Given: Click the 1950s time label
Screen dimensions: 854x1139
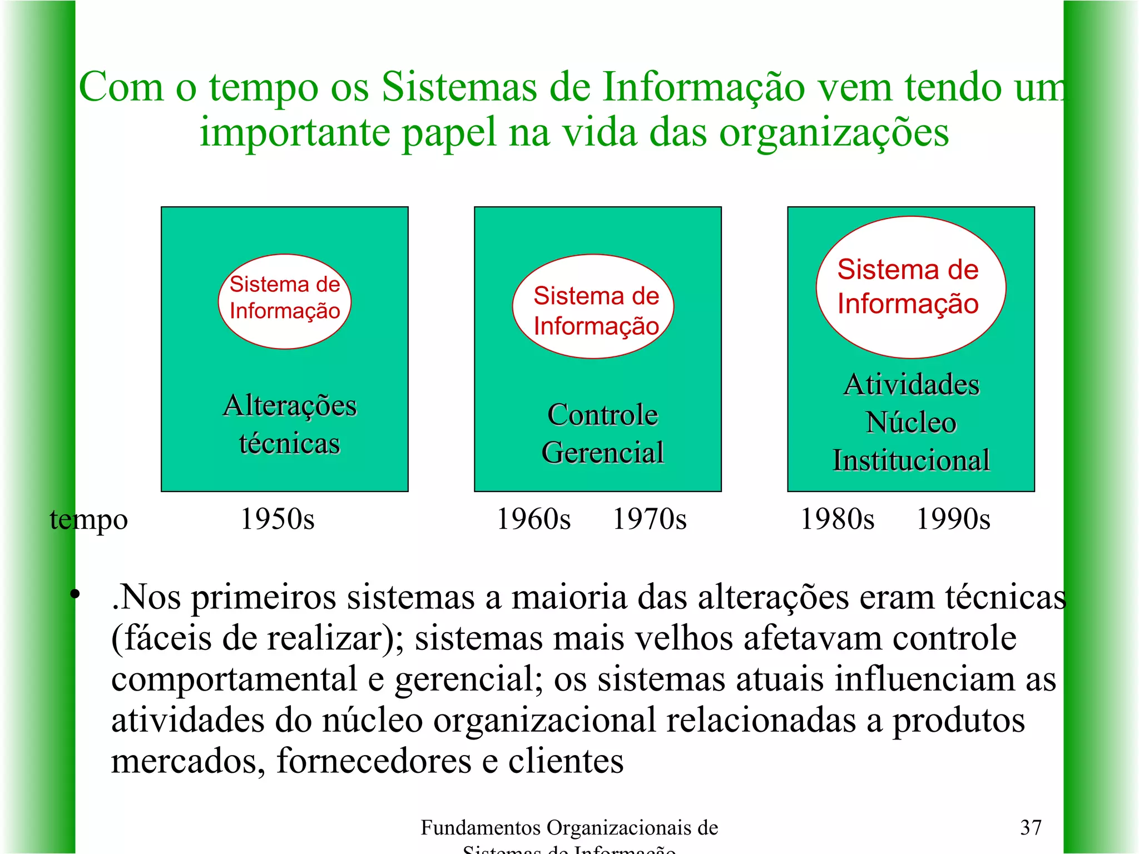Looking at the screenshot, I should click(277, 519).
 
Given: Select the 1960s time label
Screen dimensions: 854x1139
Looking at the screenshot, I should click(533, 519).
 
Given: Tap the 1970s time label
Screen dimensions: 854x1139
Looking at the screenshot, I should click(649, 519).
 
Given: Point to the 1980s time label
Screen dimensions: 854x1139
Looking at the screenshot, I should click(837, 519).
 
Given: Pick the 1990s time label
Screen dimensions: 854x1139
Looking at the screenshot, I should click(953, 519).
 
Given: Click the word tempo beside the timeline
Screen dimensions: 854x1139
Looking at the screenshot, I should click(89, 520).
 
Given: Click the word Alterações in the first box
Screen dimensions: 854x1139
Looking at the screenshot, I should click(290, 405).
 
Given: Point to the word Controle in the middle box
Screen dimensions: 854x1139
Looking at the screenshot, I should click(602, 415).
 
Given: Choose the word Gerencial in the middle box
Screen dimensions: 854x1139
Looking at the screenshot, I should click(602, 452).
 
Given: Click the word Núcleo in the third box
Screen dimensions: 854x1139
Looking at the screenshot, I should click(911, 423).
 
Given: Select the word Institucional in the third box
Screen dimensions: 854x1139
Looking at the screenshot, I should click(911, 460).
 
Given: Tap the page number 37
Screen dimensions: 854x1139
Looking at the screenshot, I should click(1031, 827).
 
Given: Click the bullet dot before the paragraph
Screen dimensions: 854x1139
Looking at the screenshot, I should click(75, 595).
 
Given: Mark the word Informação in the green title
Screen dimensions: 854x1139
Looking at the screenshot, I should click(704, 87).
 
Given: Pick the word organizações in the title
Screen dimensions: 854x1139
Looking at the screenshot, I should click(834, 133).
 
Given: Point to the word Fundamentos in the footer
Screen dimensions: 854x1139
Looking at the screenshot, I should click(481, 828).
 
